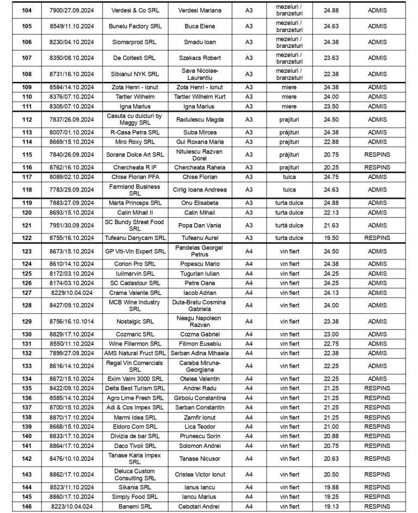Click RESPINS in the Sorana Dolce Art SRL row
pyautogui.click(x=377, y=154)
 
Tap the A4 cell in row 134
pyautogui.click(x=249, y=379)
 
